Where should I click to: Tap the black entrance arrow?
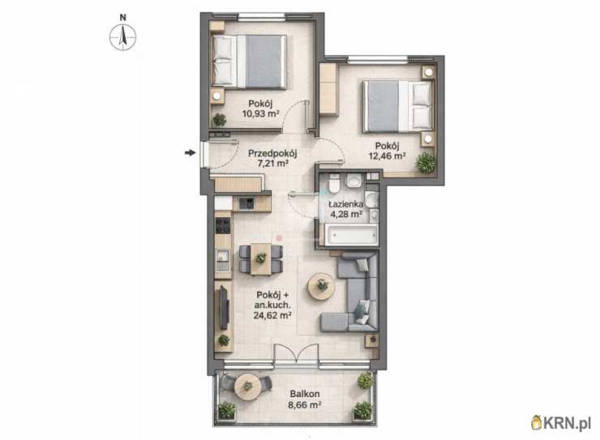[190, 153]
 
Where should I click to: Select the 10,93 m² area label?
[260, 113]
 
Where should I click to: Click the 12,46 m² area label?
[387, 156]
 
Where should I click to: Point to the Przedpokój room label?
[272, 154]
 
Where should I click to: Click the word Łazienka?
[346, 204]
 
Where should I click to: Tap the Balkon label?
[305, 394]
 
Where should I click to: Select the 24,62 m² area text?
[272, 315]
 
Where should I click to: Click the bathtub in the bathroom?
[352, 234]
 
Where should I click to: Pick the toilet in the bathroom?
[334, 182]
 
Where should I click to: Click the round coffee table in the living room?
[322, 286]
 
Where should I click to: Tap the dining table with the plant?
[261, 259]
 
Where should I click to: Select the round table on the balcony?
[247, 386]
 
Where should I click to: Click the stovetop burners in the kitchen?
[223, 225]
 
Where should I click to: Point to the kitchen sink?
[222, 259]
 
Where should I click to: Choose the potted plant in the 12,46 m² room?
[426, 163]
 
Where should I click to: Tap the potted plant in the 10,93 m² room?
[220, 120]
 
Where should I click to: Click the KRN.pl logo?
[561, 422]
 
